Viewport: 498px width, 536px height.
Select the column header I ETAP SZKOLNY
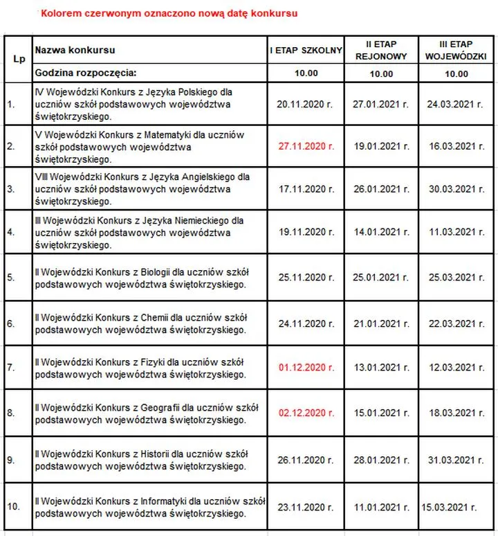point(305,50)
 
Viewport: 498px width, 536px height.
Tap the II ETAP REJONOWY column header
point(381,50)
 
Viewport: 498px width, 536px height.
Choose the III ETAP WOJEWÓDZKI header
point(457,50)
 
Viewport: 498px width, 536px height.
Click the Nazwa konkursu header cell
point(75,50)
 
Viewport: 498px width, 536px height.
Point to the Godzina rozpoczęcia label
point(86,72)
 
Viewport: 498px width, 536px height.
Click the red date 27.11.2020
point(305,146)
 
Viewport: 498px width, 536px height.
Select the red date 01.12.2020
point(305,367)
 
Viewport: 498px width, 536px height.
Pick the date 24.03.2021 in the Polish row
point(456,104)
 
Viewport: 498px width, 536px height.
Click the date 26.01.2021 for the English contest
point(381,189)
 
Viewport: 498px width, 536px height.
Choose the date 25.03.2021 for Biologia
point(456,278)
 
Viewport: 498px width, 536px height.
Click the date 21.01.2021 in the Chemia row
point(381,323)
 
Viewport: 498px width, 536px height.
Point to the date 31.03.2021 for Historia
point(456,459)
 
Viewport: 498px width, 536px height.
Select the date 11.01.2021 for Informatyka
point(381,506)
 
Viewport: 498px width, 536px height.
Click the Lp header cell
point(18,58)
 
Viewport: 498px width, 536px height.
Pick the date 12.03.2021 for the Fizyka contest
point(456,367)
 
